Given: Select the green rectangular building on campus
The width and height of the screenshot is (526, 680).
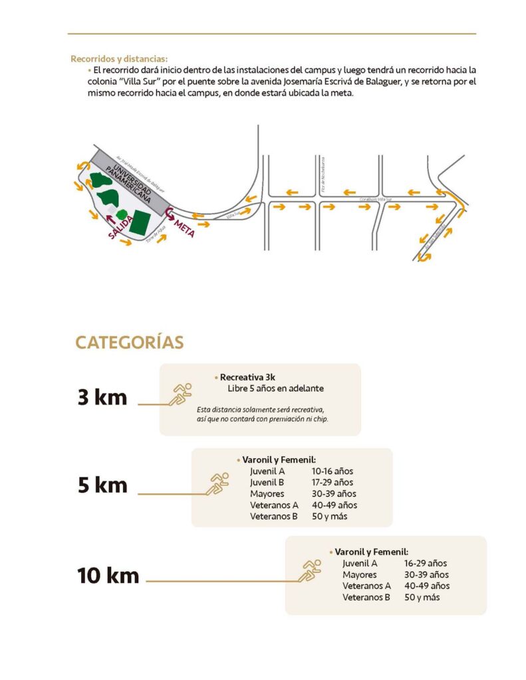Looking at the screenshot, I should (140, 222).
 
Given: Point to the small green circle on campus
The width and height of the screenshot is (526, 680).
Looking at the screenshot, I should (122, 214).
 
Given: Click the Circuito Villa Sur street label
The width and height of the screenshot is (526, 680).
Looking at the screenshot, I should (376, 199).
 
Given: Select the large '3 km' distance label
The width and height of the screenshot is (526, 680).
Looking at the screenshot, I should (102, 398).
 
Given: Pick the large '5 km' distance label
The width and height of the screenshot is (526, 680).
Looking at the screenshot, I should (102, 485).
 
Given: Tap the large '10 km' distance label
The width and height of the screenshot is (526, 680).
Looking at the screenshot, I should (108, 575).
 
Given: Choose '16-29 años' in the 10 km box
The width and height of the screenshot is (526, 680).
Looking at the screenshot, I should (426, 562).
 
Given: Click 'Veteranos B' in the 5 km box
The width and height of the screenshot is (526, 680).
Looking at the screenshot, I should (273, 516).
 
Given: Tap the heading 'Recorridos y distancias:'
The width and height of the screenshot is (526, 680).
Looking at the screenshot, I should (119, 58).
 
